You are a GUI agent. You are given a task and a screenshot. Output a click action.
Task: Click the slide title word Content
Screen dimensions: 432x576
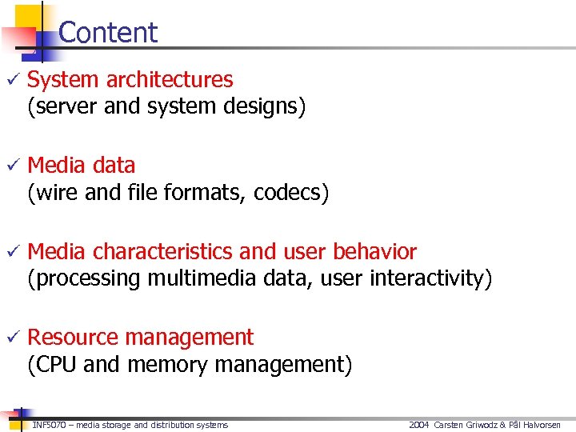[x=108, y=33]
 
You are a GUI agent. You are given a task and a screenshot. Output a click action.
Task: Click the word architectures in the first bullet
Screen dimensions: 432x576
[x=170, y=80]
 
